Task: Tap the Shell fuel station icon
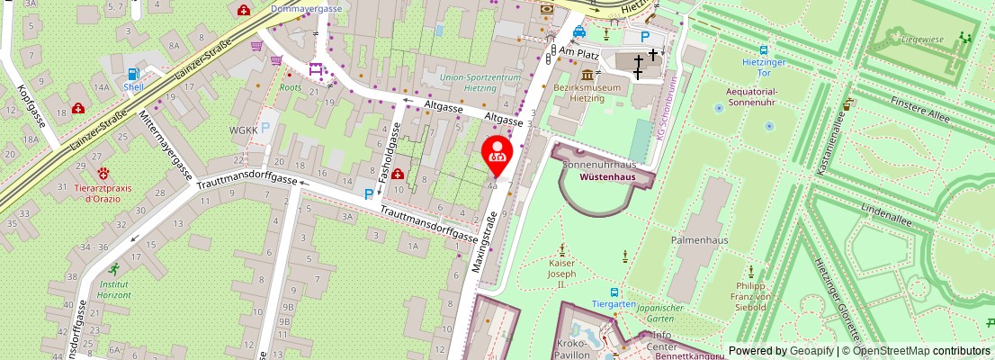coord(134,75)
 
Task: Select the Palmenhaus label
coord(697,240)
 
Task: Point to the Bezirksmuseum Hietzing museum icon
coord(589,74)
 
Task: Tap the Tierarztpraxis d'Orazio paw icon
coord(105,172)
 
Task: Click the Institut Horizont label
coord(114,288)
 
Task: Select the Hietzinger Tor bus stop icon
coord(763,51)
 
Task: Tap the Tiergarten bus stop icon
coord(614,292)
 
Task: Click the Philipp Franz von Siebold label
coord(748,297)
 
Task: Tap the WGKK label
coord(244,130)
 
